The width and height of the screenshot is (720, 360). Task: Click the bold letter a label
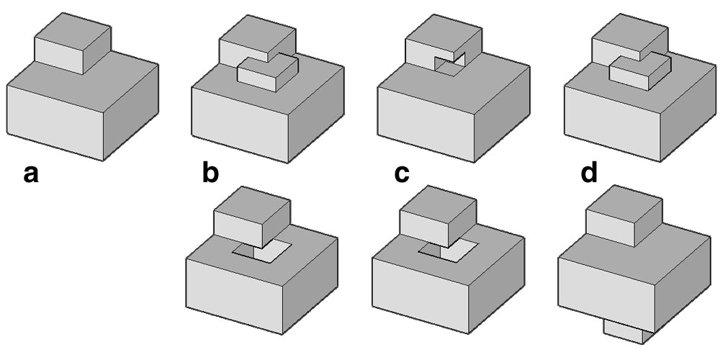[x=31, y=175]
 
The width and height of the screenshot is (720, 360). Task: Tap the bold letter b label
[x=210, y=173]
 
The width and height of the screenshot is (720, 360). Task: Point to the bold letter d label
[x=589, y=173]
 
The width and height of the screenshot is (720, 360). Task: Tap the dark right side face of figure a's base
[x=131, y=112]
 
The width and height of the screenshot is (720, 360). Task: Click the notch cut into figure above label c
[x=450, y=64]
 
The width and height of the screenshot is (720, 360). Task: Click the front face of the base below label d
[x=606, y=294]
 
